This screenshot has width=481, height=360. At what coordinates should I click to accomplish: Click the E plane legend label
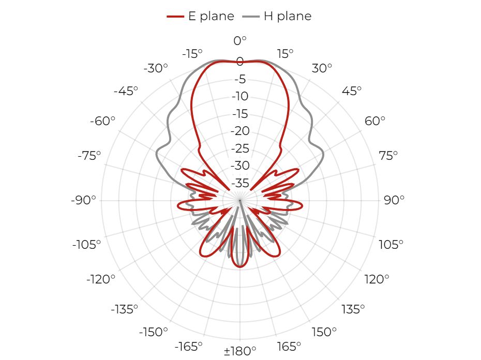click(x=211, y=16)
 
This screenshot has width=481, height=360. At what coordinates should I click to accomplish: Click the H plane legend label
click(x=288, y=16)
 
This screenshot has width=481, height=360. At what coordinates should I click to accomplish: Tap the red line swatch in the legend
click(x=175, y=17)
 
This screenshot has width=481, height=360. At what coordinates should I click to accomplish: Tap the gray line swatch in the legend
click(x=251, y=17)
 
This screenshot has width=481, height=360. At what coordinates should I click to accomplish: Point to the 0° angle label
click(x=240, y=40)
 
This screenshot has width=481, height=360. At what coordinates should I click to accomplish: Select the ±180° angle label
click(x=240, y=351)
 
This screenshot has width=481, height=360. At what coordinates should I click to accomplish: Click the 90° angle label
click(x=394, y=200)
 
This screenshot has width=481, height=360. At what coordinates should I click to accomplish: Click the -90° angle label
click(x=83, y=200)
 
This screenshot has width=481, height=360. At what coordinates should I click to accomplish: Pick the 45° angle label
click(x=352, y=91)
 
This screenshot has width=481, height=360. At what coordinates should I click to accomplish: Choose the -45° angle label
click(x=126, y=91)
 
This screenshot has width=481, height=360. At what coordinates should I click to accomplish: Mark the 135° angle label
click(x=353, y=309)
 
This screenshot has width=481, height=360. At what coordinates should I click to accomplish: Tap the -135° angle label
click(x=124, y=309)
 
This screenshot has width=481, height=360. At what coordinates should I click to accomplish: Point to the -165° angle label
click(x=188, y=347)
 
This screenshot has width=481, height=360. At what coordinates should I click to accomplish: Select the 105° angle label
click(x=390, y=245)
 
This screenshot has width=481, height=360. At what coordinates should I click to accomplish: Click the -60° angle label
click(x=102, y=121)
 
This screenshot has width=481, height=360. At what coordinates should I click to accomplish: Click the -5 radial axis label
click(x=240, y=79)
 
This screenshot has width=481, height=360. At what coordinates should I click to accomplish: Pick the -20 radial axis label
click(x=240, y=131)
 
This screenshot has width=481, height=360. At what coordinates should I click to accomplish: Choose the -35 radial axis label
click(x=240, y=183)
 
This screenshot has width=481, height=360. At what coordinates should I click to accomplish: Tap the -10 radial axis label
click(x=240, y=96)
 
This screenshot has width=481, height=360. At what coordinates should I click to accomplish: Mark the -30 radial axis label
click(x=240, y=166)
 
